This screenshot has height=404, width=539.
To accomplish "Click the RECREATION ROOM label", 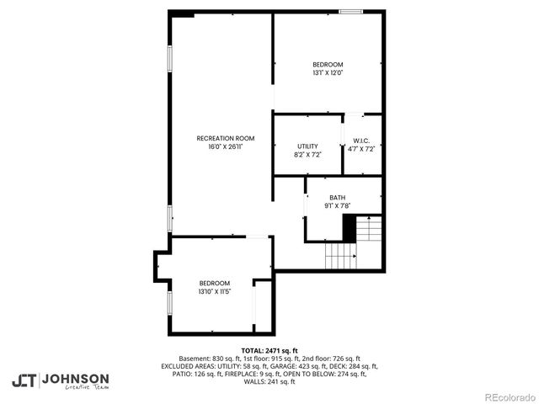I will point(225,138).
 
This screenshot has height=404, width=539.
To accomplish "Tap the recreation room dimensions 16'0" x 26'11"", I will point(225,146).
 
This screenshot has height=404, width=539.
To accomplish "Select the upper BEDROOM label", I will point(328,65).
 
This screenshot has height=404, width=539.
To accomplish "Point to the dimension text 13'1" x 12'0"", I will point(328,73).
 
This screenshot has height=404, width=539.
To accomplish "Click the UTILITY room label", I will point(307,146).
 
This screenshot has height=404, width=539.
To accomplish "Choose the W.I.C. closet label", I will point(361,141).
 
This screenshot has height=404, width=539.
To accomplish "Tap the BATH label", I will point(337,198).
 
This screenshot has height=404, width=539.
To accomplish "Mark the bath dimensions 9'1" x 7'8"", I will point(337,206).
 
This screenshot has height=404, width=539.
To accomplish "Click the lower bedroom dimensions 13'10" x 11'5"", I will point(214,291).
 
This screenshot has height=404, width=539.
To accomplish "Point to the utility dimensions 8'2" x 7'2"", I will point(307,155).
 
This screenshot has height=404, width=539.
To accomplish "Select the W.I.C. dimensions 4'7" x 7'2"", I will point(361,149).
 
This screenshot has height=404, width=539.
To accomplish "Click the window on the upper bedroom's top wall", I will point(350,12).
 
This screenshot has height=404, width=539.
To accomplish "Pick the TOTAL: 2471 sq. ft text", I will point(269,350).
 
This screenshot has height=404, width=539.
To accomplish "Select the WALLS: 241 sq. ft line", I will point(269,382).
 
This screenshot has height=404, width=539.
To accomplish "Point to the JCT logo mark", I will point(24,380).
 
